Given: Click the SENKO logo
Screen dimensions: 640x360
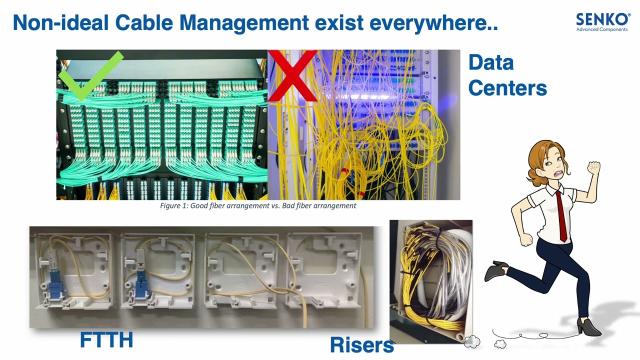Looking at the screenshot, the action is pyautogui.click(x=603, y=22).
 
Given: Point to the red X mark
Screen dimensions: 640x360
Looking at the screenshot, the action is pyautogui.click(x=292, y=75).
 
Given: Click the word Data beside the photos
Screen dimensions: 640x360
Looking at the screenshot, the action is pyautogui.click(x=491, y=62).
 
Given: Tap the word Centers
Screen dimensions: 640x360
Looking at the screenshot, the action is pyautogui.click(x=507, y=87).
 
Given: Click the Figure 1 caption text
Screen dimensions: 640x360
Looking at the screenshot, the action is pyautogui.click(x=258, y=205).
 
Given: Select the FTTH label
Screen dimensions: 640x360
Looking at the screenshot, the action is pyautogui.click(x=106, y=339).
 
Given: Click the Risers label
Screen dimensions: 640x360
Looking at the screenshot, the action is pyautogui.click(x=361, y=345).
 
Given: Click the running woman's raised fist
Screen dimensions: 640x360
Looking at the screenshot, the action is pyautogui.click(x=593, y=167).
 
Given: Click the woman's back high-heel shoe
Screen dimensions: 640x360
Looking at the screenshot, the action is pyautogui.click(x=496, y=269).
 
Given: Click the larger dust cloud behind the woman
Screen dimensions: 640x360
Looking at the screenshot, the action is pyautogui.click(x=472, y=341).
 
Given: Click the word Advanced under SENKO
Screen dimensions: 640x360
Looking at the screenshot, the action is pyautogui.click(x=586, y=29).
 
